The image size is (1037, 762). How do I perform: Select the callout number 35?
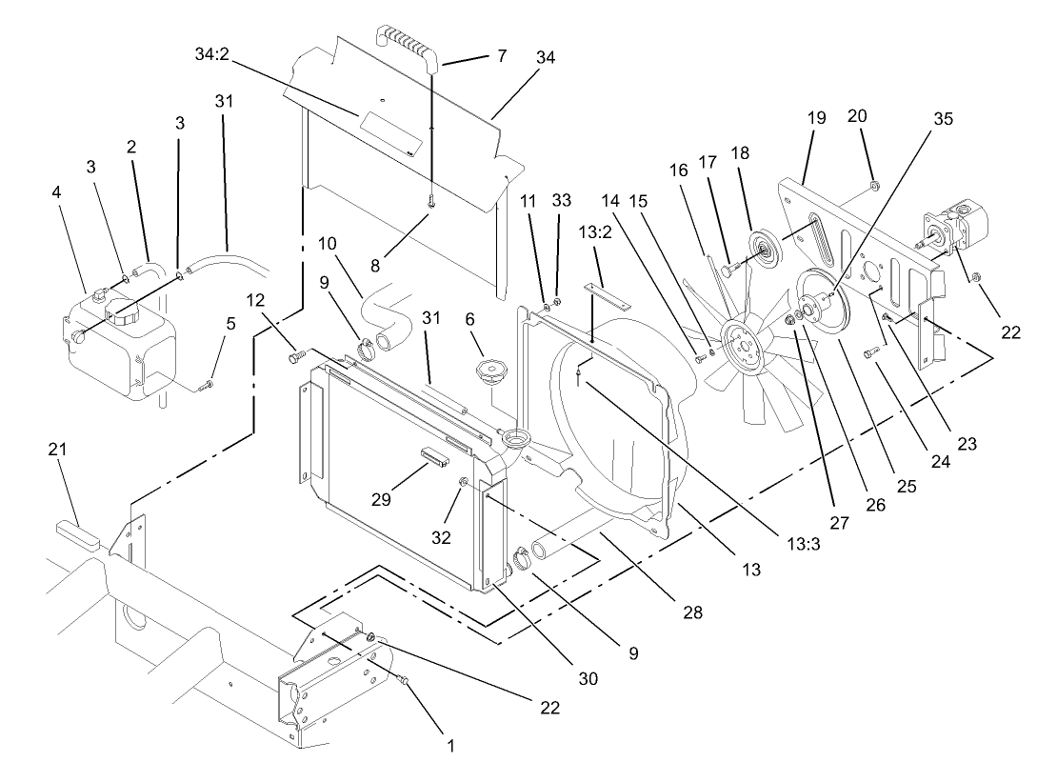tap(943, 119)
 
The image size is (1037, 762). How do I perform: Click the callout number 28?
tap(692, 612)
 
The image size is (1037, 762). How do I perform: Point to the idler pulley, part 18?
tap(763, 243)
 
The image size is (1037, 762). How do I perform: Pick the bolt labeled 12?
tap(295, 356)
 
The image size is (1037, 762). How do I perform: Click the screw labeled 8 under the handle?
tap(431, 203)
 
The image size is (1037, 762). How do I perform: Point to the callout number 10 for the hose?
tap(327, 245)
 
